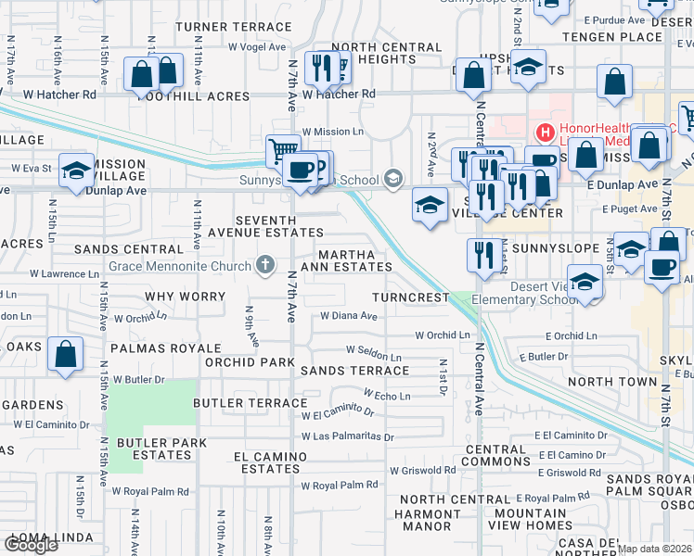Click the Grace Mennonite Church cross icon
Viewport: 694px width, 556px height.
point(265,266)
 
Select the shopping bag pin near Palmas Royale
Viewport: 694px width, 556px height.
point(65,354)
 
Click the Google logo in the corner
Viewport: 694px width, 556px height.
point(31,545)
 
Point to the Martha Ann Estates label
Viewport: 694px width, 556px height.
point(354,260)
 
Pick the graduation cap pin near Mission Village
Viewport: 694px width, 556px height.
point(77,170)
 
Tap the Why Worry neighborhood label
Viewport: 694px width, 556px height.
point(186,297)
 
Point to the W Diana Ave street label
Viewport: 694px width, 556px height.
point(348,315)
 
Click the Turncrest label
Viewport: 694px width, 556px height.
point(411,297)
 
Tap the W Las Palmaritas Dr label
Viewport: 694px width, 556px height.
point(347,436)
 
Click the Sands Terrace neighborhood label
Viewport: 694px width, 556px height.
point(355,370)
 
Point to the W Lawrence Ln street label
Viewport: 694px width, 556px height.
point(64,274)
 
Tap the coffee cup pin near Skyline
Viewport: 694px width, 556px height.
point(662,267)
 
